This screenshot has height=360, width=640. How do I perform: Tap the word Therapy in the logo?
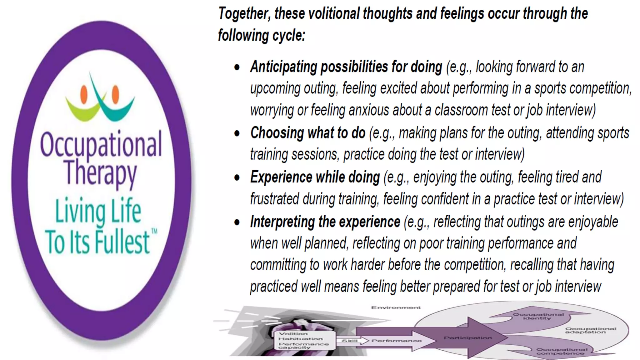point(101,172)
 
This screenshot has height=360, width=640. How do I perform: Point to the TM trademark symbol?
point(154,232)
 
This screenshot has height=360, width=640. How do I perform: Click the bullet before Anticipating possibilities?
point(237,67)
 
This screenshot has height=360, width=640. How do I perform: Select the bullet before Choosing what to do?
point(237,133)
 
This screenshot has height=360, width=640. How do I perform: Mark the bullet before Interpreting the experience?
point(237,222)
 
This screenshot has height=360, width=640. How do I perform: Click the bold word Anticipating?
point(283,67)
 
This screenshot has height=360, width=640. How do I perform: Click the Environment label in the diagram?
point(396,307)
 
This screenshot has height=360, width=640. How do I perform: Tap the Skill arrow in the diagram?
point(350,341)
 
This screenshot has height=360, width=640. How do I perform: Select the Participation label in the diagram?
point(468,338)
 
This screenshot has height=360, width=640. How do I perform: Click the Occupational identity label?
point(538,316)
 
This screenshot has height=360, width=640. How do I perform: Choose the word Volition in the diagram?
point(293,333)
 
